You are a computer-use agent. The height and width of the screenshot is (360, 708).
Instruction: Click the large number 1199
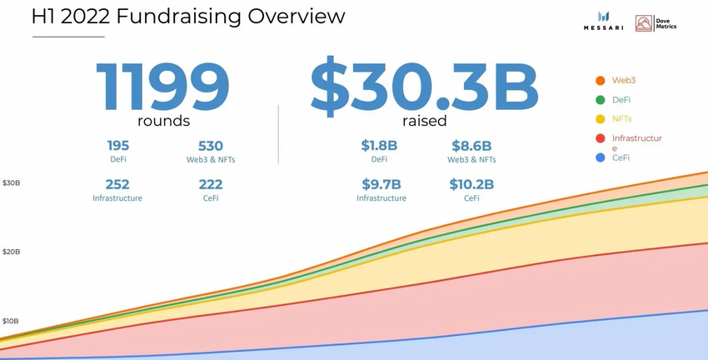click(x=162, y=85)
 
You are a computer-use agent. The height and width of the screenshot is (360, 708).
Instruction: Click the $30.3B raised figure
click(x=424, y=85)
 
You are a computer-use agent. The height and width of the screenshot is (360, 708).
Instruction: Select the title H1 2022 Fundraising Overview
click(x=176, y=17)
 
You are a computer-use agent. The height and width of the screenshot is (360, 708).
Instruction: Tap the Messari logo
click(x=604, y=22)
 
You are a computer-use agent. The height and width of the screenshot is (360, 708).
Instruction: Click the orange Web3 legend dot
click(x=600, y=81)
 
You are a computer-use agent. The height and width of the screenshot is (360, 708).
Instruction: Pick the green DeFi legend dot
click(x=600, y=100)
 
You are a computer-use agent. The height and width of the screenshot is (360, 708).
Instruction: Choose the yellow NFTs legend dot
click(x=600, y=119)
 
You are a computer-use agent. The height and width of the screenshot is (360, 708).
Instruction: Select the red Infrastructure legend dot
click(x=600, y=138)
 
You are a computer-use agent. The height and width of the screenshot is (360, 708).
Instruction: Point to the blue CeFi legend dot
click(x=600, y=157)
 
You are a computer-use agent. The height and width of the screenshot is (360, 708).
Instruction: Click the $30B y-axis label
click(x=11, y=182)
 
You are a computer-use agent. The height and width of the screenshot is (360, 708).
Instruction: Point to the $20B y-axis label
click(x=11, y=252)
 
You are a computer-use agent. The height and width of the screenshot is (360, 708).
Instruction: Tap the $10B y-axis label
click(x=11, y=321)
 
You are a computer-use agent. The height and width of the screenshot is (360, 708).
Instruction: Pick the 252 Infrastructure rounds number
click(x=117, y=185)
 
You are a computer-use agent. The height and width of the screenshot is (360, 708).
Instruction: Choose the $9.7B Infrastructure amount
click(x=381, y=185)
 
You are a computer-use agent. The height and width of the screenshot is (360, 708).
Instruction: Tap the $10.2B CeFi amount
click(x=471, y=185)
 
